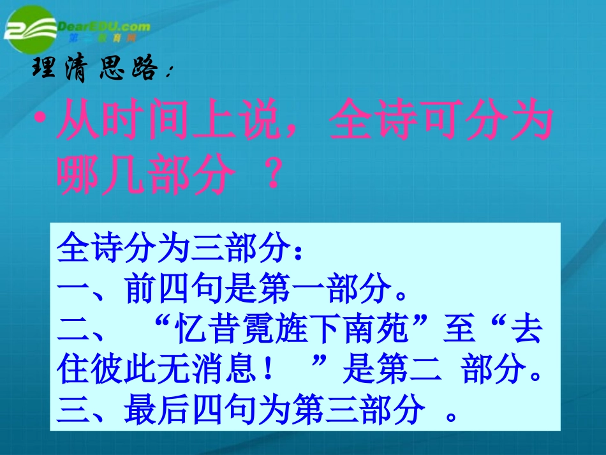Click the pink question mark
272,175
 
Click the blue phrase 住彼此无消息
159,371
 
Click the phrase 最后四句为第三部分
274,411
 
